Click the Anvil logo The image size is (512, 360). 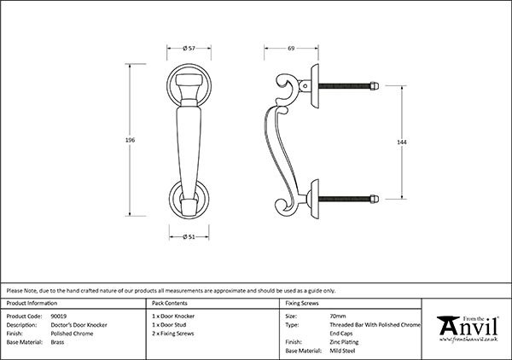tap(468, 328)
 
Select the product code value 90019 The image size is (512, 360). tap(60, 316)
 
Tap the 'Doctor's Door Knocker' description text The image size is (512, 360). tap(81, 324)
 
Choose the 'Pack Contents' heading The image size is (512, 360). tap(170, 303)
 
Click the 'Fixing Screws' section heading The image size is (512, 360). tap(302, 303)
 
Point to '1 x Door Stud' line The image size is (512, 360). tap(170, 324)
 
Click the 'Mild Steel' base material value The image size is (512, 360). tap(343, 350)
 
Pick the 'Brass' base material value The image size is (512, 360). tap(57, 341)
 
